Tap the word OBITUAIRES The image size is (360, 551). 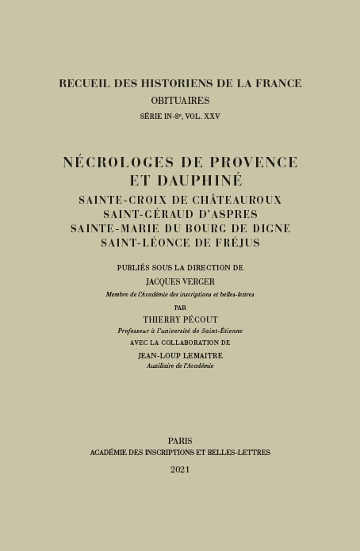[180, 100]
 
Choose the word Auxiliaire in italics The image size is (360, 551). [162, 365]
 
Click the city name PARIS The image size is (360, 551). [180, 440]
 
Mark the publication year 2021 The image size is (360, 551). [180, 469]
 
